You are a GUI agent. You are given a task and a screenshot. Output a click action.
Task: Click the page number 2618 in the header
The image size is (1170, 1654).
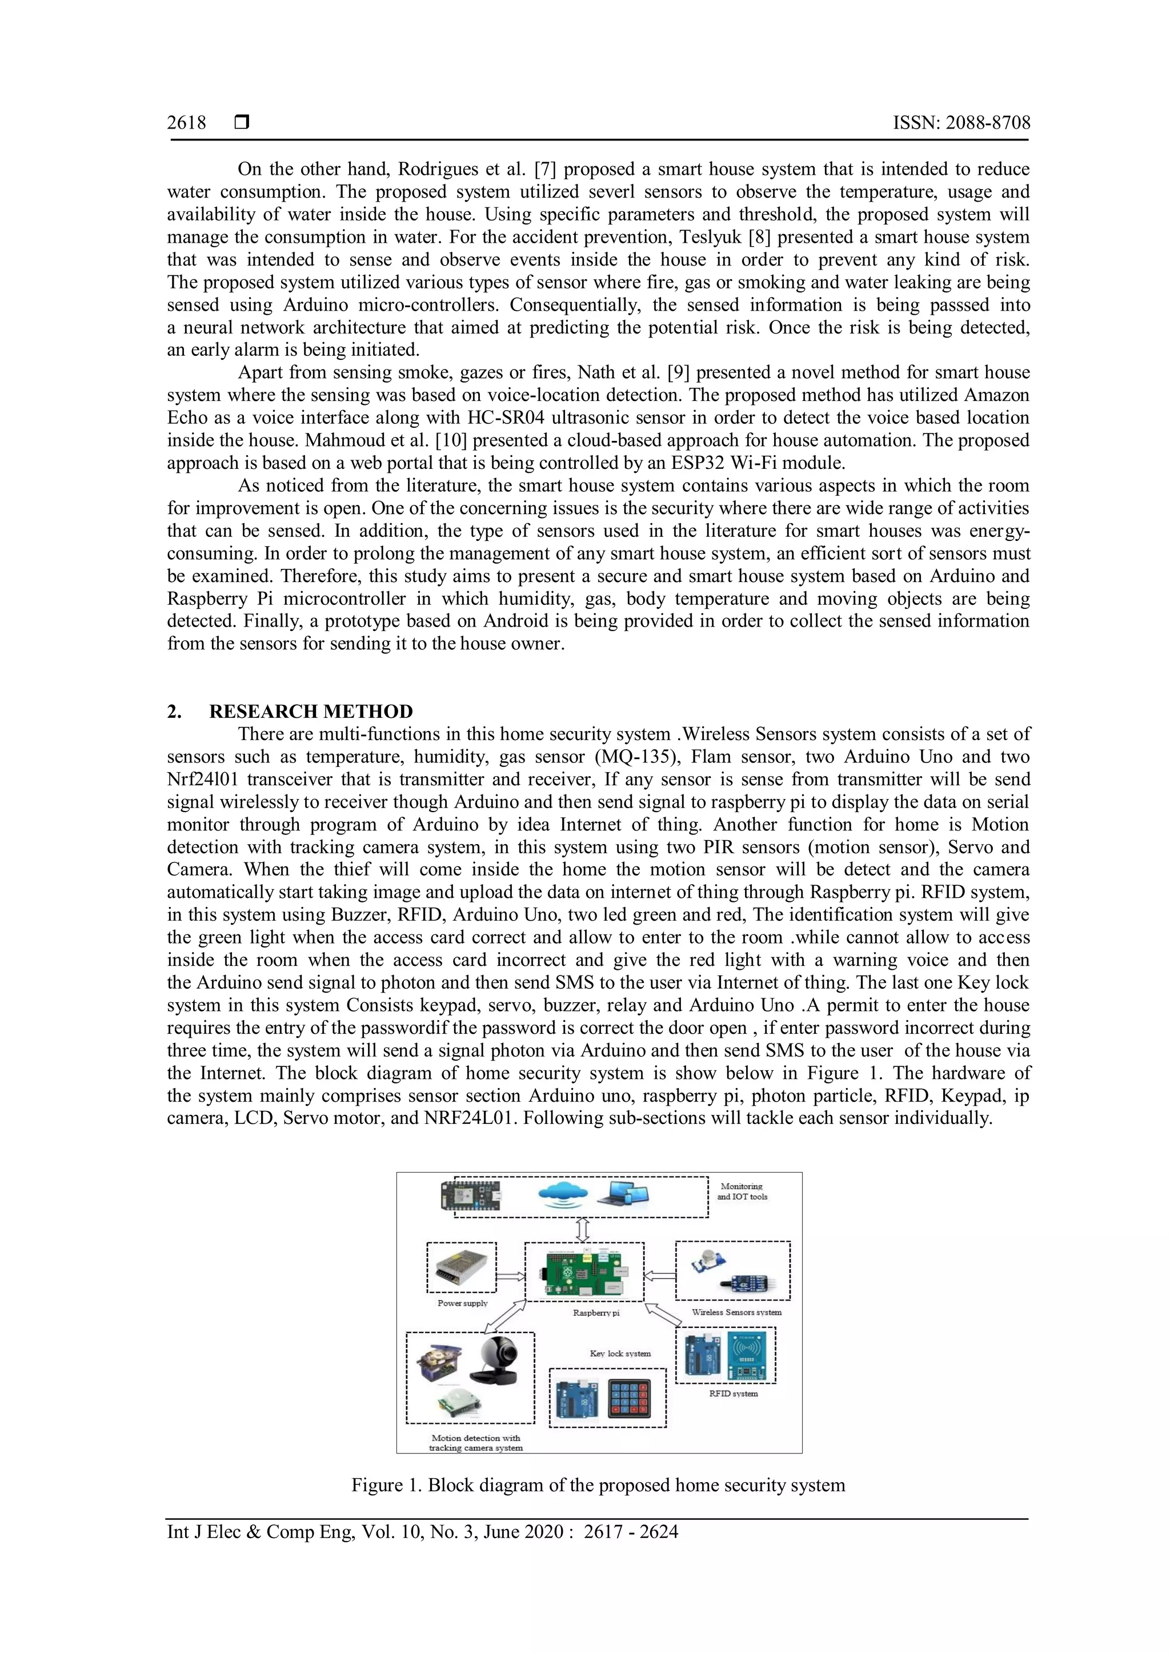[186, 123]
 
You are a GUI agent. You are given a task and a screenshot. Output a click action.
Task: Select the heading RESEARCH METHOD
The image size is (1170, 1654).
[311, 712]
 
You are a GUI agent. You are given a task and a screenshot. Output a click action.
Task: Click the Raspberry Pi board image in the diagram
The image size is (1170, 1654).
[583, 1274]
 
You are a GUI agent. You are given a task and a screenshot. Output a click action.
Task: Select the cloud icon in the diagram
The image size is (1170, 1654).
[563, 1195]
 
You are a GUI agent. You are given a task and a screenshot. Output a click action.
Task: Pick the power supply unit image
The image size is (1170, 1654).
[462, 1268]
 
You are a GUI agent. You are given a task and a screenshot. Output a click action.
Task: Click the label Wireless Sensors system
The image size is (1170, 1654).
[736, 1312]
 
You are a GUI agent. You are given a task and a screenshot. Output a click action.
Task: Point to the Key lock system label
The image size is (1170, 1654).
[620, 1354]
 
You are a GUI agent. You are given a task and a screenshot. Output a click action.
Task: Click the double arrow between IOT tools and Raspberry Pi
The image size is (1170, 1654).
[583, 1230]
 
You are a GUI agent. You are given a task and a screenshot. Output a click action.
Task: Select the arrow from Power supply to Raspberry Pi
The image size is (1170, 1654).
[510, 1276]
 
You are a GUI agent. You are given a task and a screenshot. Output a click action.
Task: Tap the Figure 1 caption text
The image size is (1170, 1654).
[598, 1486]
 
